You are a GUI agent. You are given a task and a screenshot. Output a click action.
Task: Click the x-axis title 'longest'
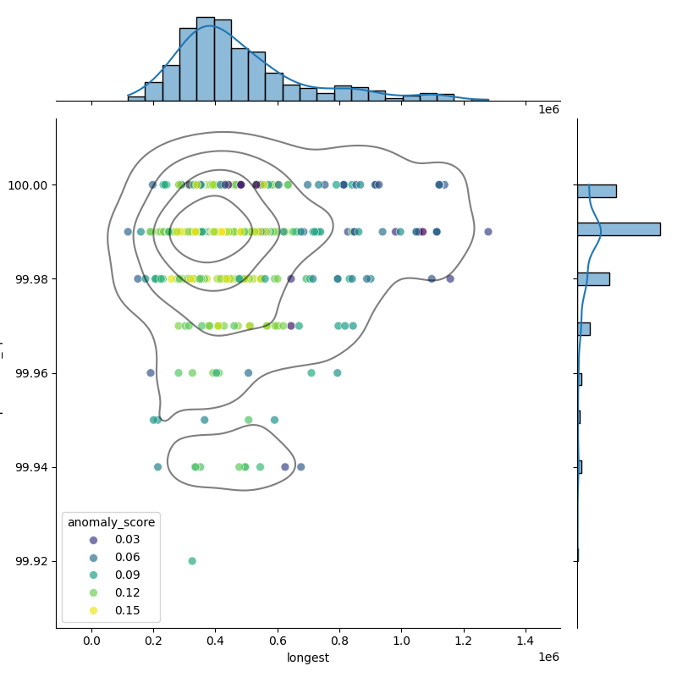[308, 658]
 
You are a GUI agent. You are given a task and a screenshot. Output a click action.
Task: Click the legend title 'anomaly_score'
[110, 522]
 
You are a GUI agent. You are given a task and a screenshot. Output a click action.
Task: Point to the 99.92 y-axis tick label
[28, 561]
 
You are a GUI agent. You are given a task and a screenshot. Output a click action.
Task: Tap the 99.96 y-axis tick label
[28, 373]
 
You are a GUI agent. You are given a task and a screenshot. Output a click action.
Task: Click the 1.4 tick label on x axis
[526, 641]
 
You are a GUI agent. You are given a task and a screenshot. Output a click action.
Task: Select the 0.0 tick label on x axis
[91, 641]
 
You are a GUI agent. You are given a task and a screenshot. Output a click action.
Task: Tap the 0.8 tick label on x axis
[339, 641]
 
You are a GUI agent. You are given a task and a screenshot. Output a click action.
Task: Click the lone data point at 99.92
[192, 561]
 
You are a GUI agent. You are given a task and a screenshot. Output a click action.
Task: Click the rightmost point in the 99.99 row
[488, 232]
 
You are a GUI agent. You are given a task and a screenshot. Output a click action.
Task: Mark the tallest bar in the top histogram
[205, 59]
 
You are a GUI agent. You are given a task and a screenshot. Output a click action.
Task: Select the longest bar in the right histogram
[619, 229]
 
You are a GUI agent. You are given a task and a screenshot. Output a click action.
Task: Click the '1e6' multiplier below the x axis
[548, 658]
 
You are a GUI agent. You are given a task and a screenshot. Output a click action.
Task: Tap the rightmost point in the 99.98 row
[450, 278]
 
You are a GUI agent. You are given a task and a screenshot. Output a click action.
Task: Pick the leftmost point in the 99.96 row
[151, 372]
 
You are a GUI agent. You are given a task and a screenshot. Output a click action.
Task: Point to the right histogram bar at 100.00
[597, 191]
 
